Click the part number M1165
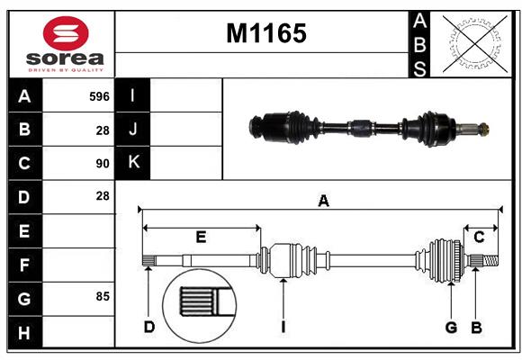[x=266, y=33]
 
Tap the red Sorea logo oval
[x=66, y=33]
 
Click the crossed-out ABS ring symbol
[x=475, y=43]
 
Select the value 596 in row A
[x=99, y=96]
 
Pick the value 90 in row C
[x=103, y=164]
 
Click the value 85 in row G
[x=103, y=296]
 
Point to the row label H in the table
[x=24, y=332]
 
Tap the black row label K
[x=133, y=162]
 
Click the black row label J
[x=133, y=129]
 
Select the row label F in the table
[x=24, y=265]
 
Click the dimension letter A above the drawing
[x=323, y=201]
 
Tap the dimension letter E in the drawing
[x=201, y=237]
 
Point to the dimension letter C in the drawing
[x=479, y=237]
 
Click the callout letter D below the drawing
[x=149, y=327]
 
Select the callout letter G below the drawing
[x=451, y=327]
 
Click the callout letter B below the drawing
[x=476, y=328]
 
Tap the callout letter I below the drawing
[x=283, y=327]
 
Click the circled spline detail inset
[x=199, y=306]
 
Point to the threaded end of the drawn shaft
[x=490, y=260]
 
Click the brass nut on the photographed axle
[x=484, y=128]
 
